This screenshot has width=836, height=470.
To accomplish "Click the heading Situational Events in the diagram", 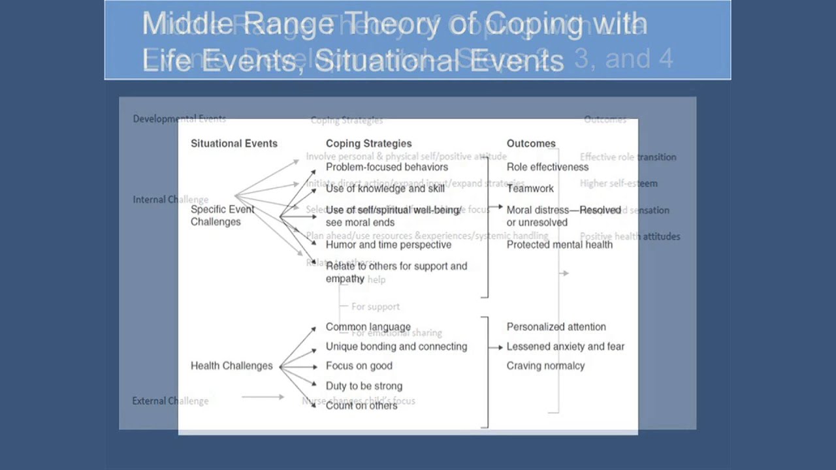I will (234, 144).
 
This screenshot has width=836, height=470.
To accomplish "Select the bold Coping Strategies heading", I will (368, 144).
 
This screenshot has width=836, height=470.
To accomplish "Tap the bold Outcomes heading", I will (531, 144).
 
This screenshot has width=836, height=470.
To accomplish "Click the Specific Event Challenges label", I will (222, 215).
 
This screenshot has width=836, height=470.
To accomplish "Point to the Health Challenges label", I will (231, 366).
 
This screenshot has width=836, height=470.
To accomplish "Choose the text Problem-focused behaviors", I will (387, 167).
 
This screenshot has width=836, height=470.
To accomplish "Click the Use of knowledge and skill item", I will (385, 189).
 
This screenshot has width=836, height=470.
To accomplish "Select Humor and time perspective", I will (388, 245).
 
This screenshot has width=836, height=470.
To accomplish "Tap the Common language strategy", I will (368, 327).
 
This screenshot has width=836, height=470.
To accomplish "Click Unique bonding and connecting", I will (396, 347).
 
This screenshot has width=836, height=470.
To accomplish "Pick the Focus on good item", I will (359, 366).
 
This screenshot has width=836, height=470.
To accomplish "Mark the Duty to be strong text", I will (364, 386).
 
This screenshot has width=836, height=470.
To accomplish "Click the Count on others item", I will (361, 405).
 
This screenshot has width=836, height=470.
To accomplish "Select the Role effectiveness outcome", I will (547, 167).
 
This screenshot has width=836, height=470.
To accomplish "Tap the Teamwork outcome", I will (530, 189).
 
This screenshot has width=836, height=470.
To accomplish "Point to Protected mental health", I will (559, 245).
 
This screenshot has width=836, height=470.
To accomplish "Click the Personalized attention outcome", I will (556, 327).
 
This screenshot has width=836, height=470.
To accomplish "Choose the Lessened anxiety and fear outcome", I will (565, 347).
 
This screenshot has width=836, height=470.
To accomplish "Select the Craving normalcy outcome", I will (545, 366).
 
